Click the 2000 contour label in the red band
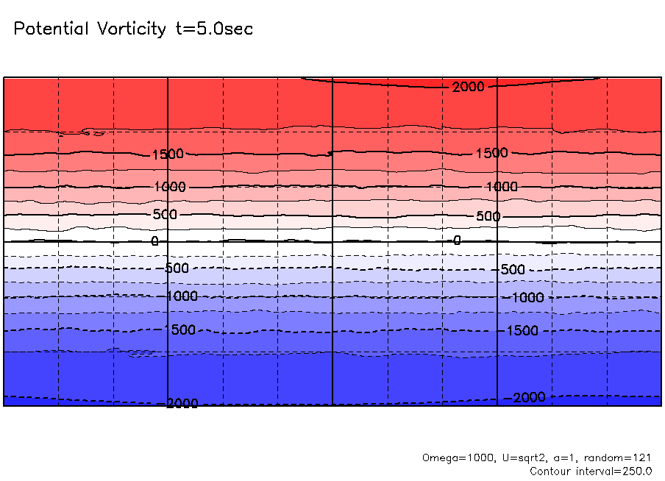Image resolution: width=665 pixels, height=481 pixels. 469,87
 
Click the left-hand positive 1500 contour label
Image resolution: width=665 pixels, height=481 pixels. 167,154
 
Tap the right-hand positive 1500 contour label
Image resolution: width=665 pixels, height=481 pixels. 491,153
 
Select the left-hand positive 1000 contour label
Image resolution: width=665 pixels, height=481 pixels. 171,187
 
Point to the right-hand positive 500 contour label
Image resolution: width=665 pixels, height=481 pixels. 488,216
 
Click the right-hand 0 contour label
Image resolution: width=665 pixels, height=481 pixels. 457,240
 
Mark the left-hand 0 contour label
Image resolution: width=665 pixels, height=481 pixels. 154,241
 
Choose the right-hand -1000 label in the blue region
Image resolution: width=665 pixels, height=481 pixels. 527,297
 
